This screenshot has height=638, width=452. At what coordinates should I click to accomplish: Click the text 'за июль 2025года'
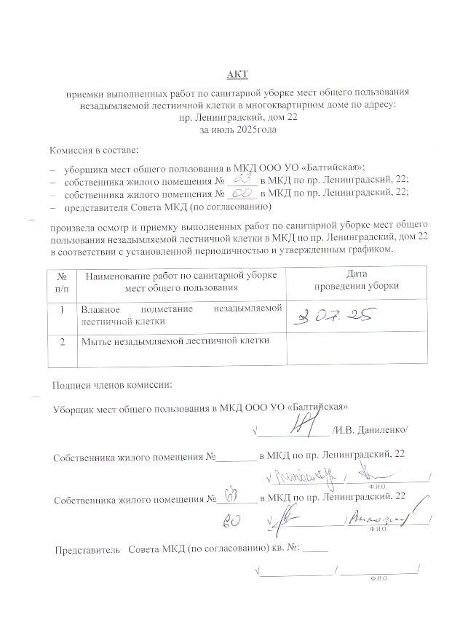point(229,129)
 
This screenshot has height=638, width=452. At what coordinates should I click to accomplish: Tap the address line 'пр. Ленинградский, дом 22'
point(229,117)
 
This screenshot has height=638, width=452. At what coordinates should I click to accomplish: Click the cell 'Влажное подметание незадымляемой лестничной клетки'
point(181,314)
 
